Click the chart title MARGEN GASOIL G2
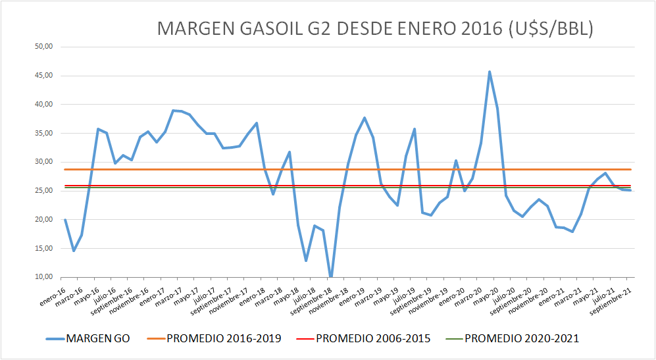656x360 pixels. pyautogui.click(x=375, y=29)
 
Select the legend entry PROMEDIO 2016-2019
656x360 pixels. pyautogui.click(x=224, y=338)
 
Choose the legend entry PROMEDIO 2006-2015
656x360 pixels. pyautogui.click(x=373, y=338)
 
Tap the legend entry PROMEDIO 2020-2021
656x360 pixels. pyautogui.click(x=522, y=338)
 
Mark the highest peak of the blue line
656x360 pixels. pyautogui.click(x=490, y=72)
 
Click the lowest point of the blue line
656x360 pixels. pyautogui.click(x=331, y=277)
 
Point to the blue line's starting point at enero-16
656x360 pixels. pyautogui.click(x=65, y=220)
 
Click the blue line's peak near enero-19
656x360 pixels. pyautogui.click(x=365, y=118)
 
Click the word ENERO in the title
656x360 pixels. pyautogui.click(x=435, y=29)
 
